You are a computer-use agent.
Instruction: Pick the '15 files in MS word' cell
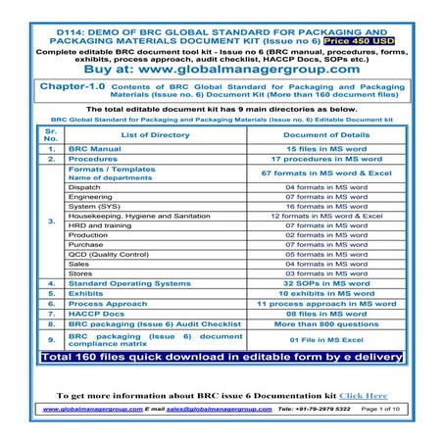pyautogui.click(x=324, y=148)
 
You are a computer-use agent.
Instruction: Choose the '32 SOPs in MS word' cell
pyautogui.click(x=324, y=282)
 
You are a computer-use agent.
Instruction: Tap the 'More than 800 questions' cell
pyautogui.click(x=324, y=323)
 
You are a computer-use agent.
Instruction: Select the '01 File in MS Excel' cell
pyautogui.click(x=324, y=339)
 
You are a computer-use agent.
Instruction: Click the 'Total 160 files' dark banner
pyautogui.click(x=222, y=358)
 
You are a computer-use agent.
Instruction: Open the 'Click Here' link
pyautogui.click(x=363, y=395)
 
